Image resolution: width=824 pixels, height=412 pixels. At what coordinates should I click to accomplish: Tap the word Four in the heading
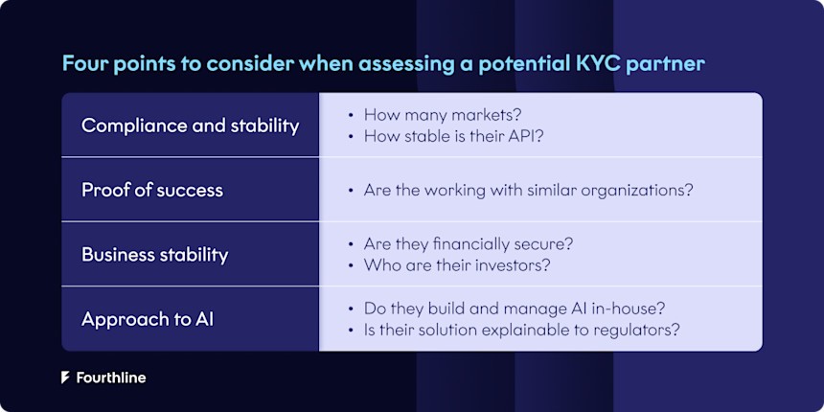pyautogui.click(x=82, y=64)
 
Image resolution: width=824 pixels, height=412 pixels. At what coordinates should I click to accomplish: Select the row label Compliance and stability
pyautogui.click(x=190, y=126)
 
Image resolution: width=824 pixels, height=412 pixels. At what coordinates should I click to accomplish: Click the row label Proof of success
pyautogui.click(x=151, y=190)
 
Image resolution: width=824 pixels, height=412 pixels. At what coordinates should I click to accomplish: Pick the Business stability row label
pyautogui.click(x=154, y=254)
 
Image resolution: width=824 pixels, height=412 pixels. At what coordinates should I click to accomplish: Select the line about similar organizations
pyautogui.click(x=528, y=190)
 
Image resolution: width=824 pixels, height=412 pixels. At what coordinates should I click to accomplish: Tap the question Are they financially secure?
pyautogui.click(x=469, y=243)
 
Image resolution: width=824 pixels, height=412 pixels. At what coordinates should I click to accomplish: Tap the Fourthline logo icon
pyautogui.click(x=65, y=378)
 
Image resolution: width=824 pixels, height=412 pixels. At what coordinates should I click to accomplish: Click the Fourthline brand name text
pyautogui.click(x=110, y=378)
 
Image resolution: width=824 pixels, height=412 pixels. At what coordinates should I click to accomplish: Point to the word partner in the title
pyautogui.click(x=675, y=64)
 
